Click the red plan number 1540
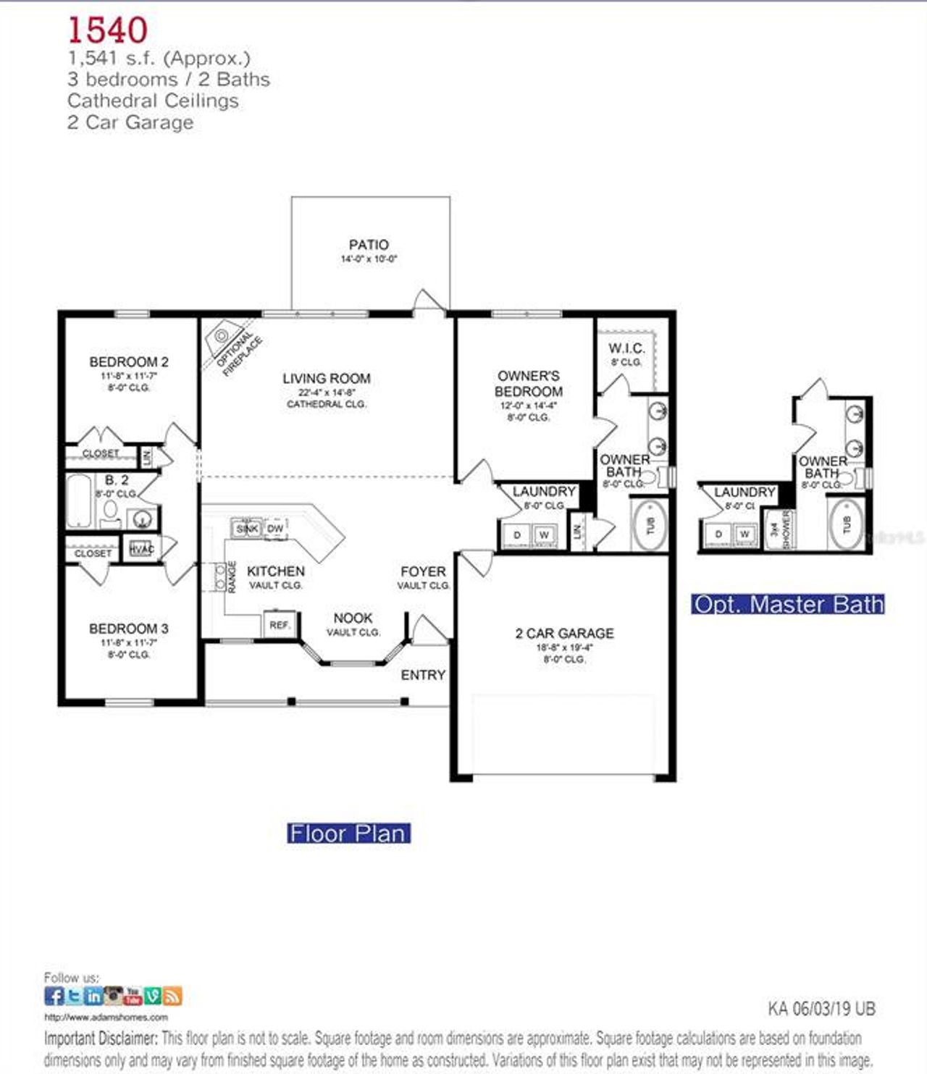[x=107, y=30]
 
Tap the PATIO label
[x=369, y=245]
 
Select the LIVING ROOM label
[x=326, y=378]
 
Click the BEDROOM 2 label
[x=129, y=361]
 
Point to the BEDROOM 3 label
[x=129, y=629]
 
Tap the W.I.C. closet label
[x=626, y=348]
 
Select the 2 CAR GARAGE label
[x=564, y=633]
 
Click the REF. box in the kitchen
[x=280, y=624]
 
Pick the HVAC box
[x=141, y=549]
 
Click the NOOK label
[x=353, y=618]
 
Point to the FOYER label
[x=423, y=571]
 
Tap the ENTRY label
[x=423, y=674]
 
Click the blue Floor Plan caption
[x=348, y=834]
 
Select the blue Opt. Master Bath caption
[x=788, y=604]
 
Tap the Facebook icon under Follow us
[x=54, y=996]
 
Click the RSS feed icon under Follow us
[x=172, y=996]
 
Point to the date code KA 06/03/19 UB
[x=821, y=1008]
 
